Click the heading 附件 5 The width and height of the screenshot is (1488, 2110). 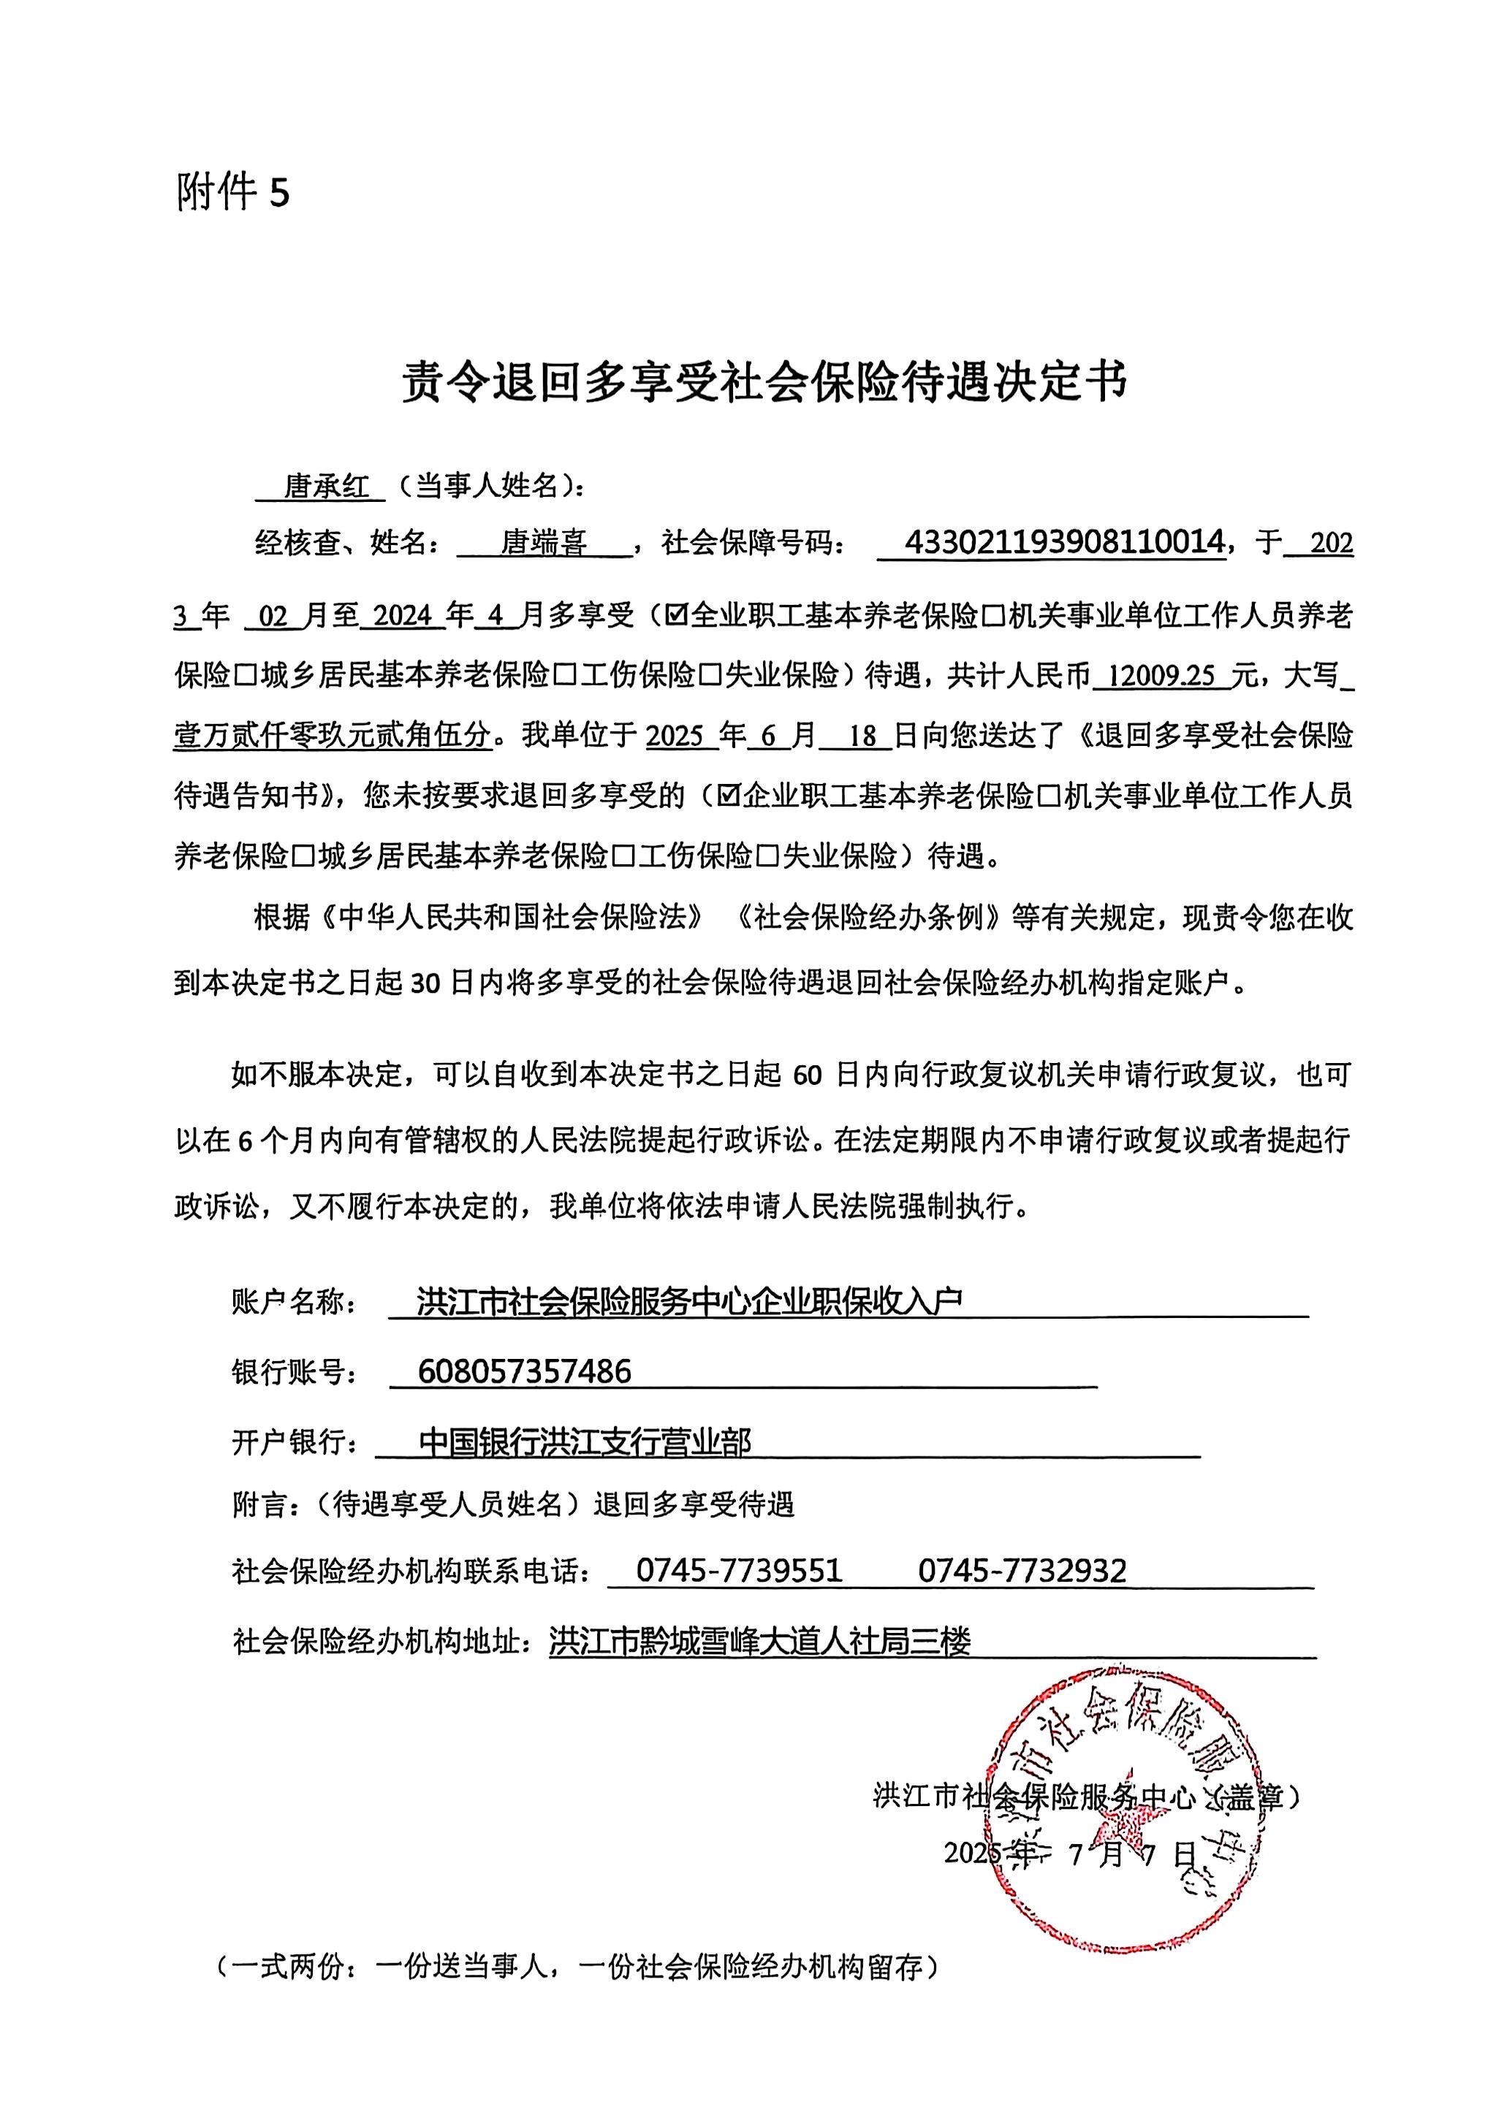pyautogui.click(x=232, y=192)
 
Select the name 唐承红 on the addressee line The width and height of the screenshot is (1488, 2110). pyautogui.click(x=326, y=485)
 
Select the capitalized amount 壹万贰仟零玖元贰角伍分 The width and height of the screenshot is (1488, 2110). pyautogui.click(x=333, y=736)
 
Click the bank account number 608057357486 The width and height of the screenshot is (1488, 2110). pyautogui.click(x=524, y=1372)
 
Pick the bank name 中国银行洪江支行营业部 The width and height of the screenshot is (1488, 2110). pyautogui.click(x=585, y=1442)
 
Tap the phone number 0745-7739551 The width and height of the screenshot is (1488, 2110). pyautogui.click(x=739, y=1571)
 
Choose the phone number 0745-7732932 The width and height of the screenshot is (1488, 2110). pyautogui.click(x=1021, y=1571)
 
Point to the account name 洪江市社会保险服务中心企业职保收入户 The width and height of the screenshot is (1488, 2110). pyautogui.click(x=689, y=1301)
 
